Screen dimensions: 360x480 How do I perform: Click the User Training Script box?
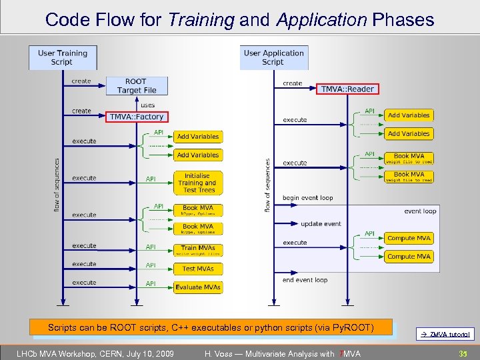pyautogui.click(x=63, y=57)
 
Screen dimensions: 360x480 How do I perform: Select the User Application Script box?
pyautogui.click(x=274, y=57)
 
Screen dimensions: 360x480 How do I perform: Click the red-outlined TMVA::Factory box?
pyautogui.click(x=136, y=117)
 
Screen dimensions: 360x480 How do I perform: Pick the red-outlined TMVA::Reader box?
pyautogui.click(x=348, y=89)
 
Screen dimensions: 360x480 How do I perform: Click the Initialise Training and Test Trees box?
pyautogui.click(x=197, y=183)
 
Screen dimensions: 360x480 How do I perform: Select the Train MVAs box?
pyautogui.click(x=197, y=250)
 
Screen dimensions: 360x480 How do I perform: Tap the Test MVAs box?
pyautogui.click(x=197, y=269)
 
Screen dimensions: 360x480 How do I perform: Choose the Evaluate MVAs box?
pyautogui.click(x=197, y=287)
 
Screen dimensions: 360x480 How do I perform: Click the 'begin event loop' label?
pyautogui.click(x=307, y=198)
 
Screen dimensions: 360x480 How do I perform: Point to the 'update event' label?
pyautogui.click(x=321, y=224)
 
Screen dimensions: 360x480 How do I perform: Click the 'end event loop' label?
pyautogui.click(x=305, y=280)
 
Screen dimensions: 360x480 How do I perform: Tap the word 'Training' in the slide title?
pyautogui.click(x=201, y=20)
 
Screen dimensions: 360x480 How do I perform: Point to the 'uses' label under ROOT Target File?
pyautogui.click(x=147, y=105)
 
